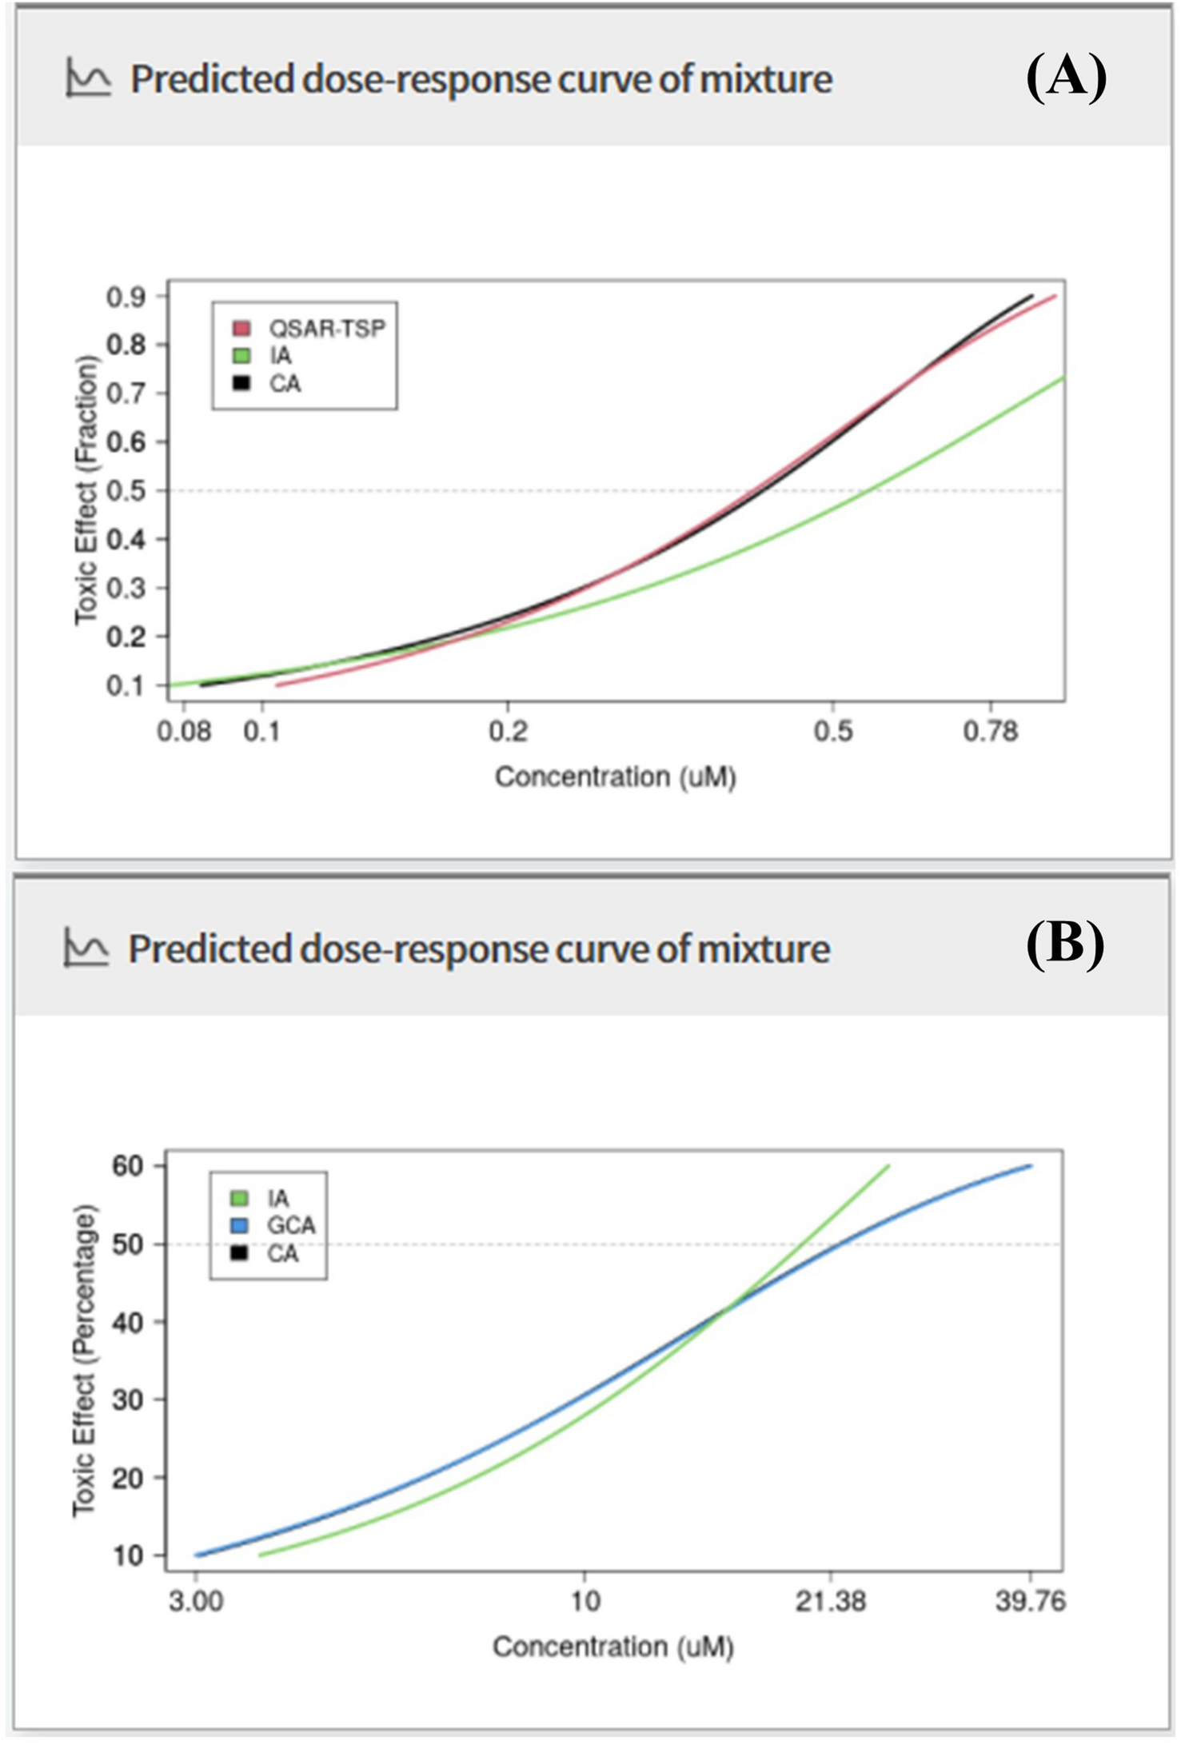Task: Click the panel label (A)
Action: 1066,78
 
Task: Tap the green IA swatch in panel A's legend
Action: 241,356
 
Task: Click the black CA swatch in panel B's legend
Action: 239,1253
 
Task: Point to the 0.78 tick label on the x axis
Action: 991,732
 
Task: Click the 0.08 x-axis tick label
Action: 184,732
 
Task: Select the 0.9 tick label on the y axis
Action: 126,297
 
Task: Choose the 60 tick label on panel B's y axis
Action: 128,1166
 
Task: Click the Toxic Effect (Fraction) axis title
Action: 86,490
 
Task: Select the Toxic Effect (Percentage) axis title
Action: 84,1360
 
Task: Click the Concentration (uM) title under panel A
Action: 615,777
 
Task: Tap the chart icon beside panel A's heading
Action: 88,78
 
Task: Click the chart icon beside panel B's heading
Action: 86,948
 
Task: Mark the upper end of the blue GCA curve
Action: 1031,1166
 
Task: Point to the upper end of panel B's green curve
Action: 888,1166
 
